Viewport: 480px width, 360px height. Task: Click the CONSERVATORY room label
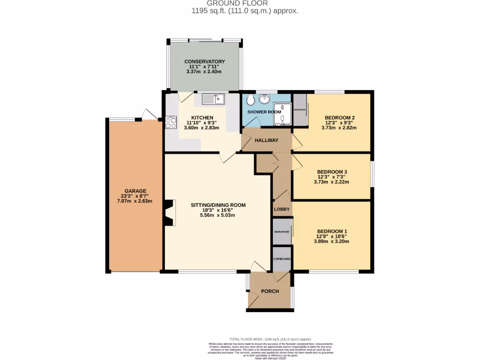[x=204, y=61]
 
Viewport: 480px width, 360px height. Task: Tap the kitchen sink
[x=214, y=99]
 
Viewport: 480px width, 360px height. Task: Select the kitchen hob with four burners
[x=170, y=122]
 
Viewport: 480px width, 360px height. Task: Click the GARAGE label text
[x=135, y=191]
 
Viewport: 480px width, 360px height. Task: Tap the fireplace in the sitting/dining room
[x=170, y=214]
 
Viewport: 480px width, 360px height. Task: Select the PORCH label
[x=270, y=291]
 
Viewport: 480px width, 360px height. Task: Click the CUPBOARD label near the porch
[x=282, y=259]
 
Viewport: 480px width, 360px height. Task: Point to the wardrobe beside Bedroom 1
[x=282, y=232]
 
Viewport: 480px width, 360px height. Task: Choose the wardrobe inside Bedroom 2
[x=300, y=110]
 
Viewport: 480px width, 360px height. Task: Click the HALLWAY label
[x=266, y=140]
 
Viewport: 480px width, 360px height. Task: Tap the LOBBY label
[x=282, y=209]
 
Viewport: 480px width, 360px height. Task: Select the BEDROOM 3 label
[x=332, y=172]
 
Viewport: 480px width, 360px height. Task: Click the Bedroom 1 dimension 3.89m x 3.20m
[x=332, y=242]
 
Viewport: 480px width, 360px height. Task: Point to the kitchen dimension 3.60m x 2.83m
[x=202, y=127]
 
